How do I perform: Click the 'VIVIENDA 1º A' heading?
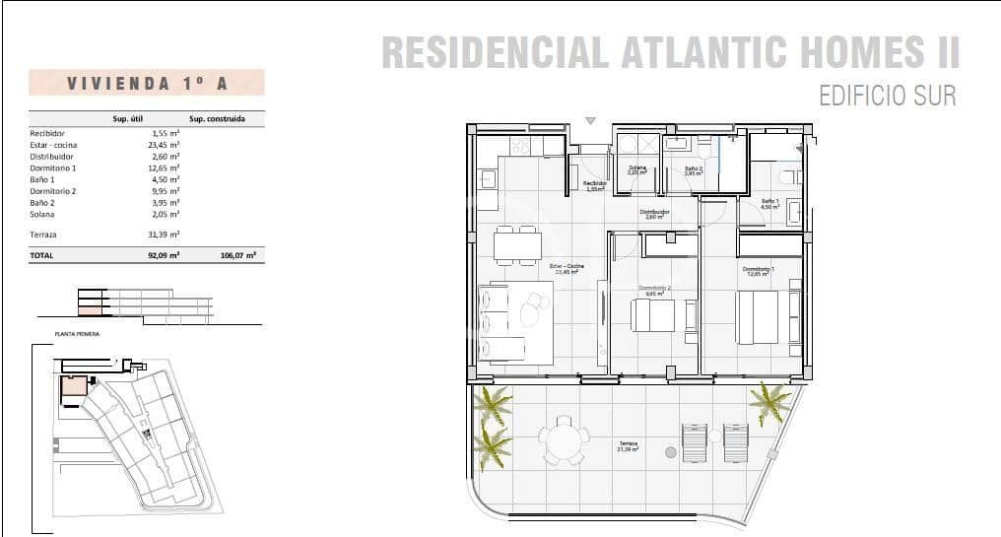tap(147, 83)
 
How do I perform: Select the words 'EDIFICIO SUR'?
tap(887, 96)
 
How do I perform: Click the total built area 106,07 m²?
tap(238, 254)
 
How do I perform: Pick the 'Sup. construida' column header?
tap(217, 120)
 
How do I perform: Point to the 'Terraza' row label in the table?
tap(43, 235)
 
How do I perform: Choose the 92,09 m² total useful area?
tap(162, 254)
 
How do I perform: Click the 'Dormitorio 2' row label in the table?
tap(52, 191)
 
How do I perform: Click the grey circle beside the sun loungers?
tap(671, 452)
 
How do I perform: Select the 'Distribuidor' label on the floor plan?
tap(654, 213)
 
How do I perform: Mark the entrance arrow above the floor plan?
tap(590, 120)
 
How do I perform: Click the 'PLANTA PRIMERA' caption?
tap(78, 335)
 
